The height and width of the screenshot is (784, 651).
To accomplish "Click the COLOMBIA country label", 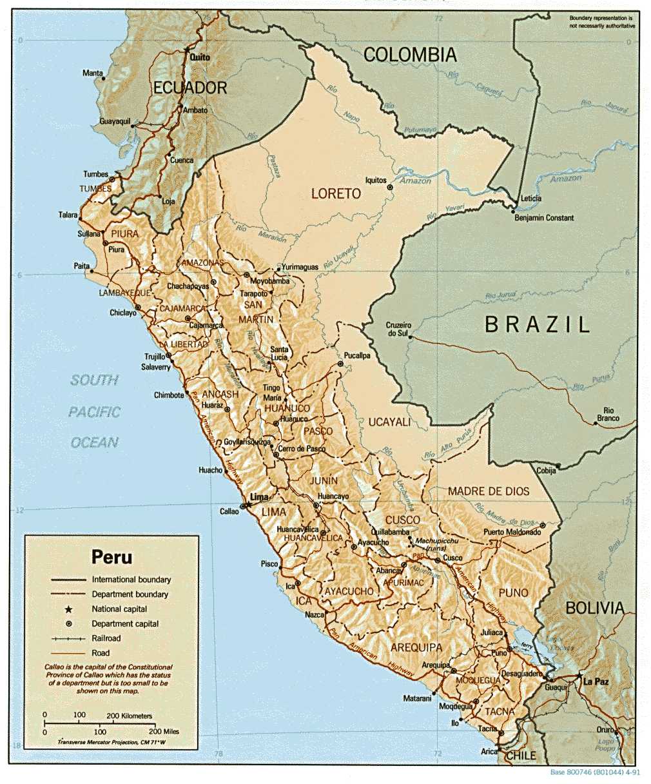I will coord(410,55).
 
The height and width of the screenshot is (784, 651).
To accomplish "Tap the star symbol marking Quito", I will coord(188,50).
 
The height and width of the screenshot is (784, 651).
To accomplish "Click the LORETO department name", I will coord(336,193).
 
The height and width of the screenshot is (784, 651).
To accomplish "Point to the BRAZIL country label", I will coord(538,324).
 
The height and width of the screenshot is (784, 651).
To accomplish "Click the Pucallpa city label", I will coord(357,355).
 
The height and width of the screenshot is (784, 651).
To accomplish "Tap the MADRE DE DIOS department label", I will coord(489,491).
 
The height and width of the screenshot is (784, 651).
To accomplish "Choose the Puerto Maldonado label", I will coord(512,532).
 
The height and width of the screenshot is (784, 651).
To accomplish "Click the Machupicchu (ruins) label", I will coord(436,544).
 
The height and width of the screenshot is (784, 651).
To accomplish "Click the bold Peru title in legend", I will coord(112,556).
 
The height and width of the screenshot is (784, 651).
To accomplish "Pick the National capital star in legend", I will coord(68,609).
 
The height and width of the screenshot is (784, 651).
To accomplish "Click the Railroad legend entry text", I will coord(106,638).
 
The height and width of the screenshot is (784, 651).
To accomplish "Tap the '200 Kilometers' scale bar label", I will coord(129,716).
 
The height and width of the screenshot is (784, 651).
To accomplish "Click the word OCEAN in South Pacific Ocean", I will coord(95,442).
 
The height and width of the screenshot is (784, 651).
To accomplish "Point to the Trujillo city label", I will coord(155,357).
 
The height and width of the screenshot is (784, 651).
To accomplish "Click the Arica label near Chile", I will coord(489,752).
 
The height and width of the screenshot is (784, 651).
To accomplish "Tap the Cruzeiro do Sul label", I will coord(398,329).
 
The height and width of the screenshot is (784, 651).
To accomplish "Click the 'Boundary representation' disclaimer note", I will coord(601,23).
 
